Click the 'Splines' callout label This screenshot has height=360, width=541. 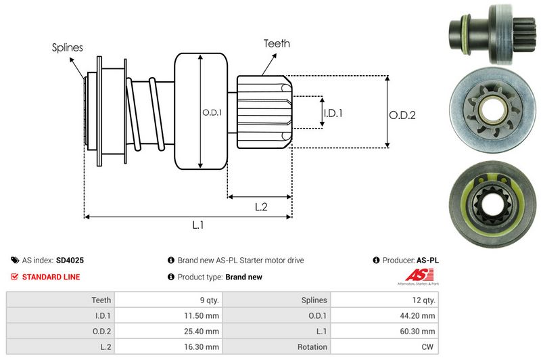(68, 48)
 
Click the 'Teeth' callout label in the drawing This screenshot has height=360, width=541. (277, 43)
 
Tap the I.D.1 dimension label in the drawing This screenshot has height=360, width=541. (333, 113)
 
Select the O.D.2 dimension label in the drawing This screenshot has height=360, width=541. (402, 115)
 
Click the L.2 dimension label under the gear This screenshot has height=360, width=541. (262, 207)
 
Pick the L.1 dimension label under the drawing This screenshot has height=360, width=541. (198, 225)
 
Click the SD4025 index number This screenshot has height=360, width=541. (70, 260)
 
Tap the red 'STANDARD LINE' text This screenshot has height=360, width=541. (51, 277)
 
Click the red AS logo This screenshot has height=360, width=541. (414, 275)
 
